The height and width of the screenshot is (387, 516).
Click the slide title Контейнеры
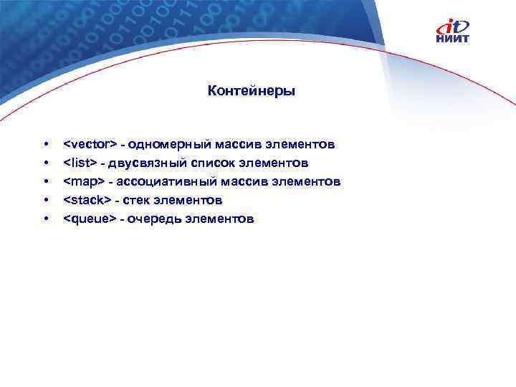tap(251, 91)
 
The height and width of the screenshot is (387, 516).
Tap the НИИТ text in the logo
tap(453, 39)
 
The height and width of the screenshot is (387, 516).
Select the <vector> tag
tap(90, 145)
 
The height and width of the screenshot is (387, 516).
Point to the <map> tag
tap(84, 182)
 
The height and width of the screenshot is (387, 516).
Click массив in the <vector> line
tap(233, 145)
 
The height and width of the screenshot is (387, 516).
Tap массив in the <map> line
tap(239, 182)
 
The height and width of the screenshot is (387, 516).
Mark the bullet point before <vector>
tap(46, 145)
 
